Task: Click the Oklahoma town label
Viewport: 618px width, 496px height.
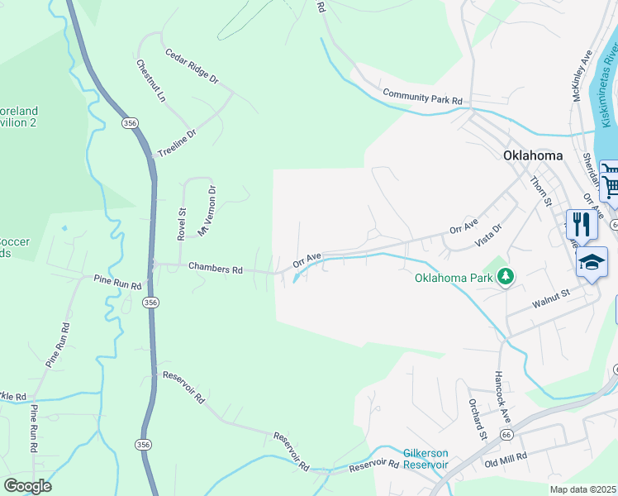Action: (x=533, y=155)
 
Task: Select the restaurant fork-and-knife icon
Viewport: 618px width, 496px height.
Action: (x=581, y=224)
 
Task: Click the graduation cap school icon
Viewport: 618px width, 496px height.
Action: (x=592, y=263)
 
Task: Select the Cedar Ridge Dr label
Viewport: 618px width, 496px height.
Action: (x=191, y=67)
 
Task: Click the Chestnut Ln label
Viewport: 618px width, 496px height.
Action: (x=151, y=81)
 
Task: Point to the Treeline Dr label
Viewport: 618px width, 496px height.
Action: (x=177, y=144)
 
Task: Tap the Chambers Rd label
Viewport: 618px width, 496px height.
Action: (x=215, y=269)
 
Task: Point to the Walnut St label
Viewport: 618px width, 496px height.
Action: (x=551, y=293)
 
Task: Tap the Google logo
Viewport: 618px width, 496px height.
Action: (x=26, y=486)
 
